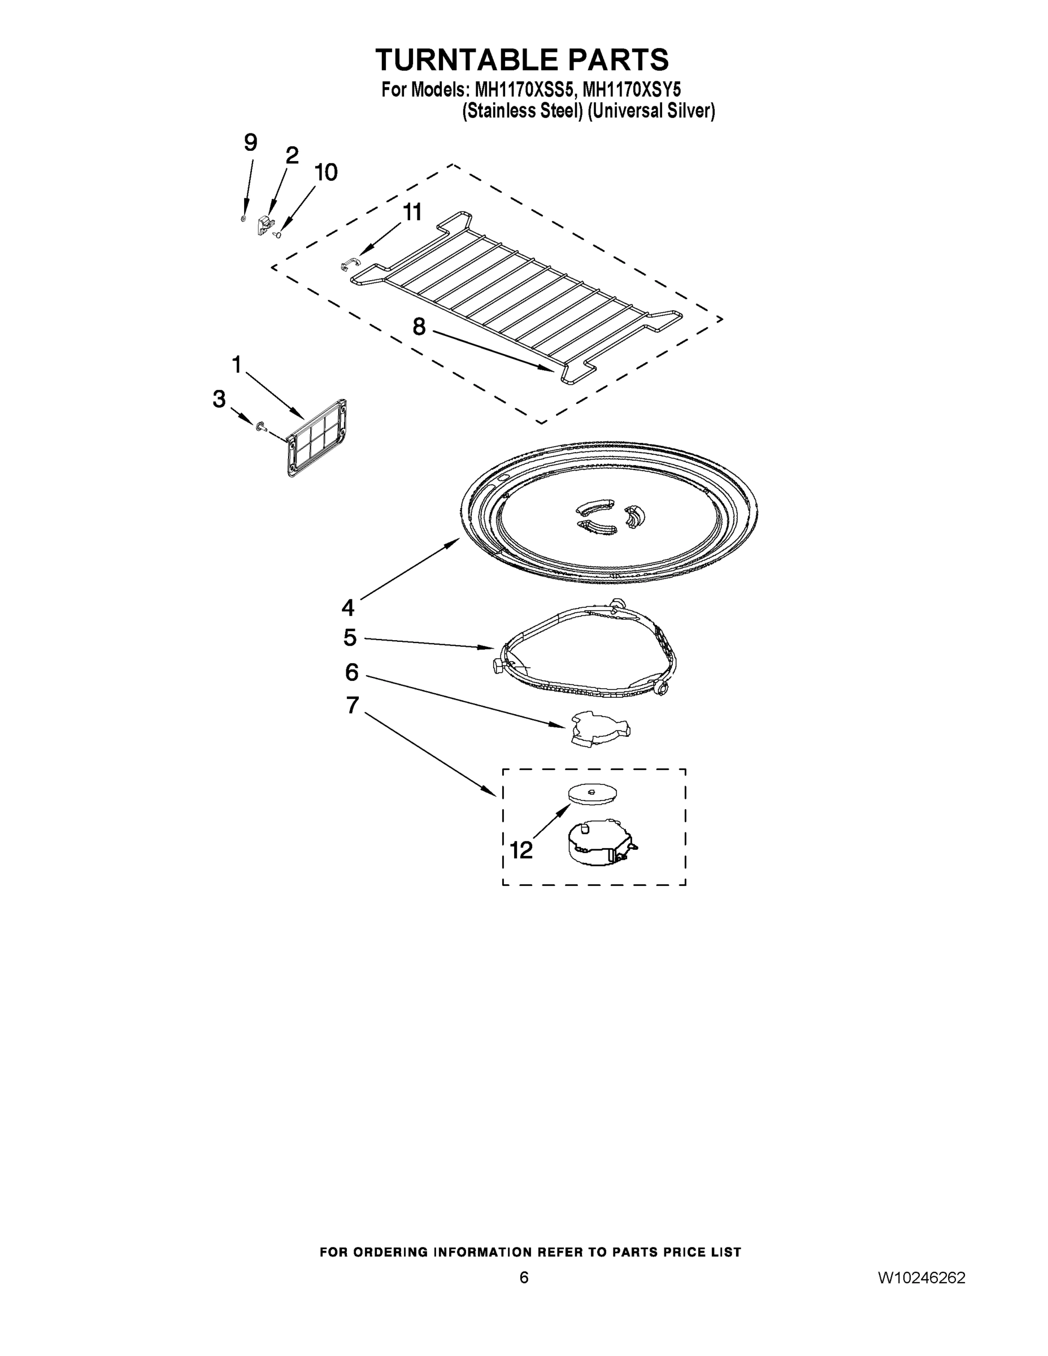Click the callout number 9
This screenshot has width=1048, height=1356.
point(250,144)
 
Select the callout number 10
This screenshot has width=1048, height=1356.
point(325,172)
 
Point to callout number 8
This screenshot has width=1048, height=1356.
point(420,326)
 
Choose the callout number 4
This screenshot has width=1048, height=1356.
point(347,607)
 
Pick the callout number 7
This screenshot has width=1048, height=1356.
point(352,705)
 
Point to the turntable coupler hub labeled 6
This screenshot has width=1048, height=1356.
point(598,728)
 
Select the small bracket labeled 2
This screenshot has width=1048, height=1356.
point(265,224)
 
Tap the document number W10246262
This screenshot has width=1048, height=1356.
point(921,1277)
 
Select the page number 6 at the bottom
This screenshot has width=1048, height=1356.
point(524,1277)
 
